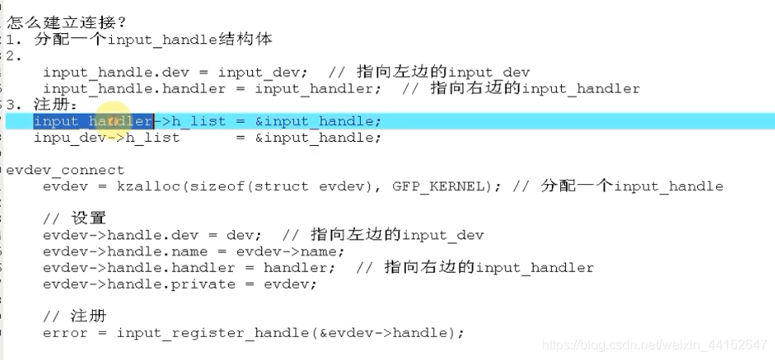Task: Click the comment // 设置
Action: [74, 219]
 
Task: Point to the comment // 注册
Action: [74, 317]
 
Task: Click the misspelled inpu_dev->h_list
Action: [106, 138]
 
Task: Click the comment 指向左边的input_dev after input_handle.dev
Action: [443, 72]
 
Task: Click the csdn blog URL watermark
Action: [654, 344]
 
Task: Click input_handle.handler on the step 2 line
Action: [134, 89]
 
